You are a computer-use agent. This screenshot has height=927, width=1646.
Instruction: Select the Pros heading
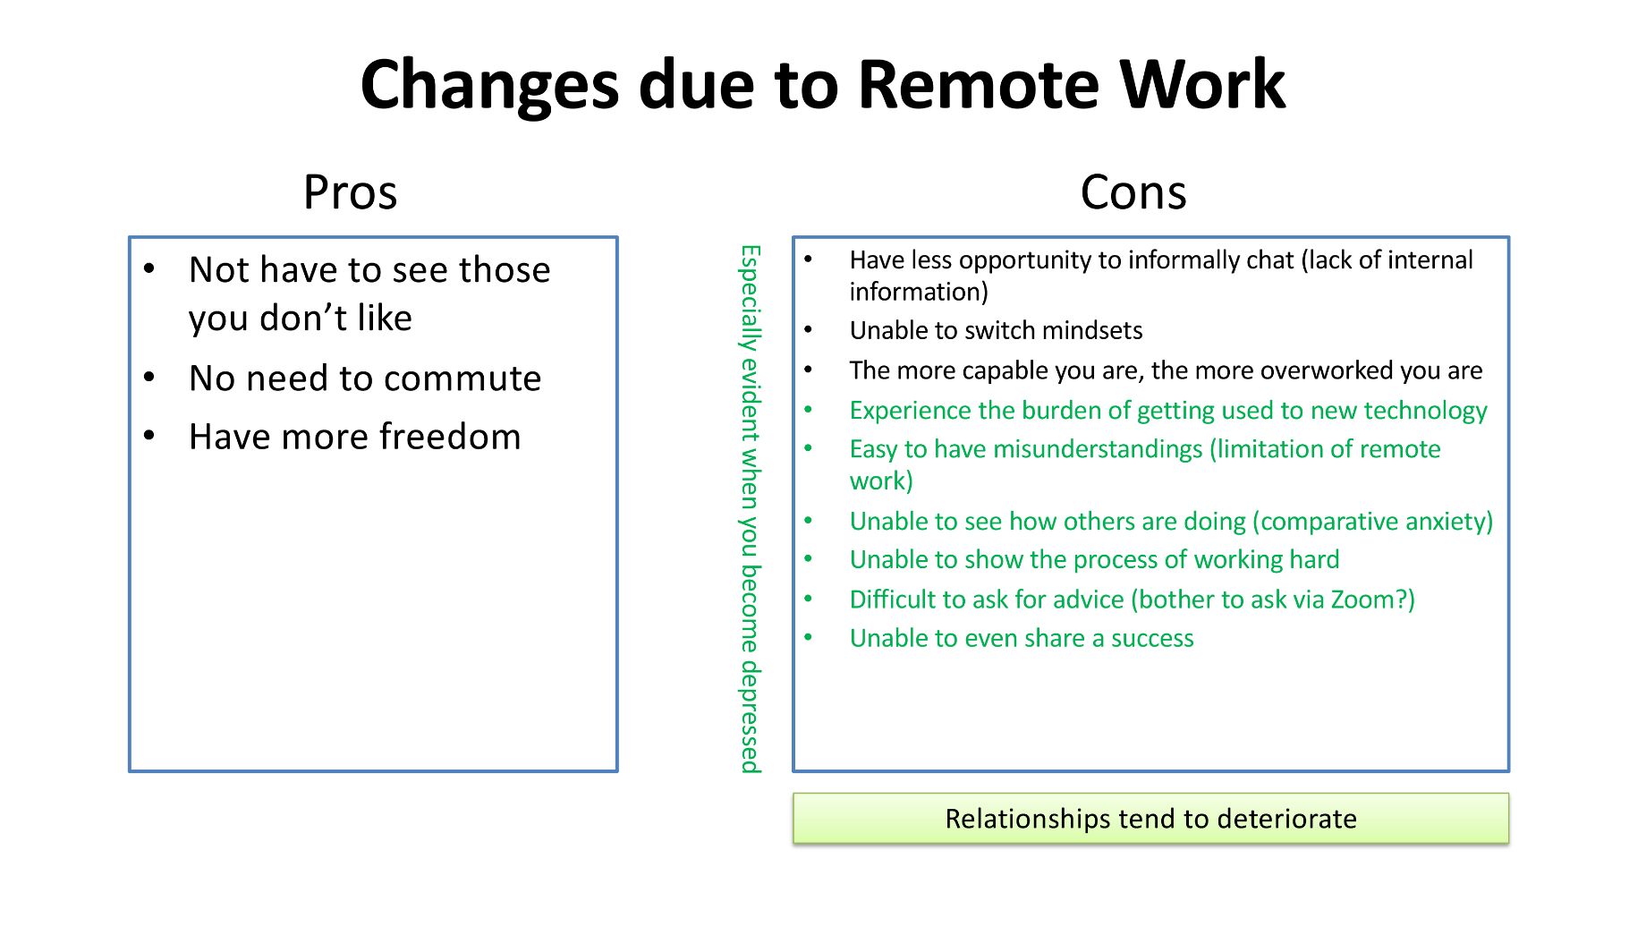350,192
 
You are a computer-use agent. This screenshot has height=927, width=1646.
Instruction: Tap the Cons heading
1133,192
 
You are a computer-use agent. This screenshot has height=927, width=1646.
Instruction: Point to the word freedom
450,437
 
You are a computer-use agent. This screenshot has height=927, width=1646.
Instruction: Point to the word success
1152,639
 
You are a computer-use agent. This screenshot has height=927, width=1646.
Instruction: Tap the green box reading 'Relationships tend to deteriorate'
1150,819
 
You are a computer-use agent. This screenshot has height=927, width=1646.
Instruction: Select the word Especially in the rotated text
750,298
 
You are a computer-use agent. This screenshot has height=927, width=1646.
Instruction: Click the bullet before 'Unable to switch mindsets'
809,330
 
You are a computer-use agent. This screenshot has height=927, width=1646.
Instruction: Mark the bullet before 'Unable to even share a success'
809,638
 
